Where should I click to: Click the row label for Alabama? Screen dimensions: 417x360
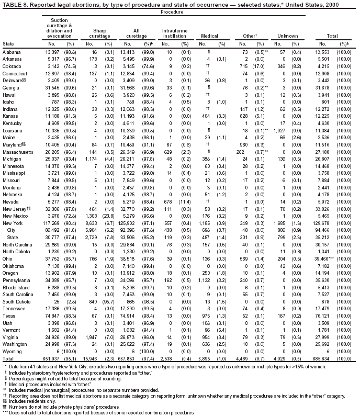(12, 52)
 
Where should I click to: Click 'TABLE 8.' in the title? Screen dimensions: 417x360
(13, 4)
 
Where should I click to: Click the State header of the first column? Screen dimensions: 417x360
(8, 43)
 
